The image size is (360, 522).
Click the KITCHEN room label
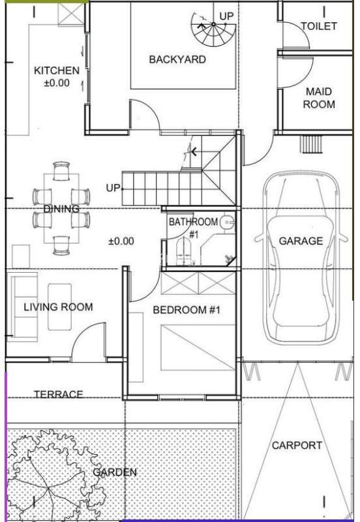57,70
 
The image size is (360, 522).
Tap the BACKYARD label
177,59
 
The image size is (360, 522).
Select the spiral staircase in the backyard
213,31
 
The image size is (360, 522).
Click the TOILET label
319,26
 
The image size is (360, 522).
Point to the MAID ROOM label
319,98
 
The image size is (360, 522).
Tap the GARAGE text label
301,241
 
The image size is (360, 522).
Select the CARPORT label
297,446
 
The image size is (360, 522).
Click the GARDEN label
115,472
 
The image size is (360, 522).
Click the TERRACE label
59,395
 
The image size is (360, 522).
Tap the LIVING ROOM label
58,307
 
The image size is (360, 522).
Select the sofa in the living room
22,307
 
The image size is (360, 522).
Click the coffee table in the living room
60,307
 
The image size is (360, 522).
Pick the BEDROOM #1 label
187,310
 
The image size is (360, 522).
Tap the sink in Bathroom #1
228,221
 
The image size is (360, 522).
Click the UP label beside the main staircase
112,188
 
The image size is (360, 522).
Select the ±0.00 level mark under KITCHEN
57,83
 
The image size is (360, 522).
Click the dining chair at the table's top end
61,171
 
